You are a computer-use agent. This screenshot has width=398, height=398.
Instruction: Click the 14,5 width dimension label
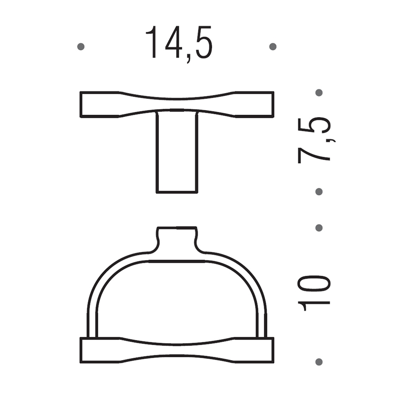tap(179, 44)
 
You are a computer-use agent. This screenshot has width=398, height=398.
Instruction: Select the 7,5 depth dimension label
tap(314, 140)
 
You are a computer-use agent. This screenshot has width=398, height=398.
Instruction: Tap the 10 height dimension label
tap(314, 293)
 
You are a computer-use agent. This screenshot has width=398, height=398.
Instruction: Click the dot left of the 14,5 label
tap(81, 47)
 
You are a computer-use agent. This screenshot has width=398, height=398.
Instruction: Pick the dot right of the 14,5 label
tap(273, 47)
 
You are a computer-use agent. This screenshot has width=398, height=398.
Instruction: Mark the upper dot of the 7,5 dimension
tap(319, 93)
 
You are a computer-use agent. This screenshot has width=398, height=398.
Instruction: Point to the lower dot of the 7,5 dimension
tap(319, 192)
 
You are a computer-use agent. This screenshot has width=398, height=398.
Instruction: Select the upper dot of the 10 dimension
tap(319, 228)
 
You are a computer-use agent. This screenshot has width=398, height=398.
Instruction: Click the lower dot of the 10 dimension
tap(319, 361)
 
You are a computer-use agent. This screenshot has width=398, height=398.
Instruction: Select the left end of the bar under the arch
tap(94, 350)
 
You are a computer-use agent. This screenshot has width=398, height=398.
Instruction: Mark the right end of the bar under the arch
tap(260, 350)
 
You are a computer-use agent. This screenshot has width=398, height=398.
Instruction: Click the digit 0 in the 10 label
tap(314, 284)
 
